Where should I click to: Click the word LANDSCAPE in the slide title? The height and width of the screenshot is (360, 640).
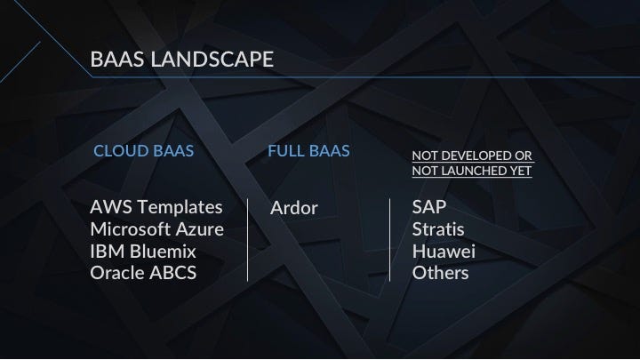[x=212, y=60]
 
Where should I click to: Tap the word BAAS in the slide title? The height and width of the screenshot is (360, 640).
[x=117, y=60]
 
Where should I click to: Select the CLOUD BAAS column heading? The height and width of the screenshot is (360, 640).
[x=144, y=151]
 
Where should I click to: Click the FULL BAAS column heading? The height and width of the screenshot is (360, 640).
[x=309, y=151]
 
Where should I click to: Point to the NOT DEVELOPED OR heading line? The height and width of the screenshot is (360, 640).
[x=472, y=156]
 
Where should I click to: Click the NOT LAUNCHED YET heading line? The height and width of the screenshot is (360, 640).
[x=472, y=171]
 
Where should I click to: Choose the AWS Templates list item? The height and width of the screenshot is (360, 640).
[x=156, y=207]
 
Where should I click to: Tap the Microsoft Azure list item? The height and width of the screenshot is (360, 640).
[x=157, y=229]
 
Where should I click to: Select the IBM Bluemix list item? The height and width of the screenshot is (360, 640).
[x=143, y=252]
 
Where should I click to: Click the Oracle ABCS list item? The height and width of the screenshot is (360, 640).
[x=143, y=273]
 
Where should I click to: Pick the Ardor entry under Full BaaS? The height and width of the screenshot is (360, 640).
[x=294, y=208]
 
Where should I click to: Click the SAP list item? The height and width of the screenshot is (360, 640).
[x=429, y=207]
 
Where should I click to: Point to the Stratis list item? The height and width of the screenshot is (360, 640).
[x=438, y=229]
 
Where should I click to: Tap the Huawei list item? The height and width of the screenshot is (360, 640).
[x=444, y=252]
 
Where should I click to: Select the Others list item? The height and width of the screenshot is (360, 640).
[x=440, y=273]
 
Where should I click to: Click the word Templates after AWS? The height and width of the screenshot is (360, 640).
[x=180, y=207]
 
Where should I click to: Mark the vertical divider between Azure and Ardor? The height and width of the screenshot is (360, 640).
[x=248, y=240]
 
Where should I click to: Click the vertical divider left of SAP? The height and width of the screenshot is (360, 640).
[x=390, y=240]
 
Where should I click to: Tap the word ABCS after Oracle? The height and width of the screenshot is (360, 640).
[x=173, y=273]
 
